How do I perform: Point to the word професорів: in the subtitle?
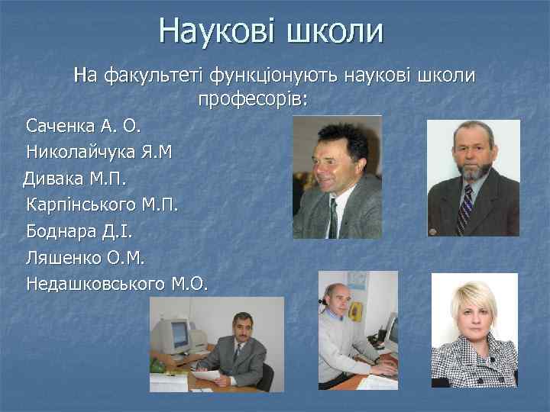click(x=253, y=99)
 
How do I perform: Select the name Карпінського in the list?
click(x=82, y=205)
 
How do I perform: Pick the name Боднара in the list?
click(x=60, y=231)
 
